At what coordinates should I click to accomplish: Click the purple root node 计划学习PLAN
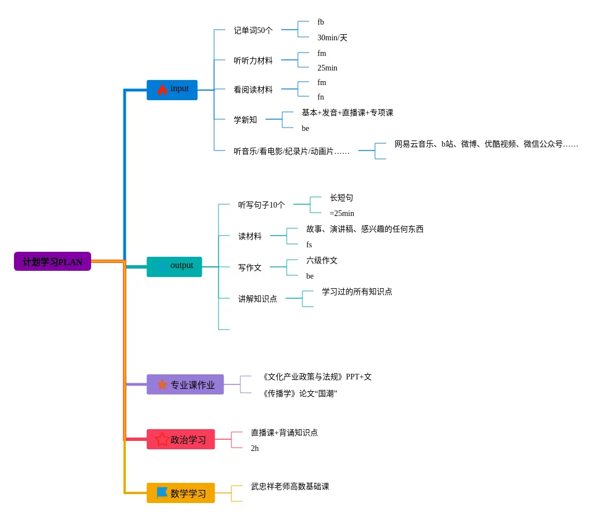53,261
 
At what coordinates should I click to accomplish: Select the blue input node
172,90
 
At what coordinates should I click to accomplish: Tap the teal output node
174,266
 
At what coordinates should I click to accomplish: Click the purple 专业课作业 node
185,384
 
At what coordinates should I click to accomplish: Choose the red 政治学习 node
181,439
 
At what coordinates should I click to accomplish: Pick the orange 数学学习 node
181,493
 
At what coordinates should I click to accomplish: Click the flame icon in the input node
162,90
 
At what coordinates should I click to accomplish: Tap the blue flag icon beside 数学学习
162,492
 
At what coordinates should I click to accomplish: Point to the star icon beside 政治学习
162,439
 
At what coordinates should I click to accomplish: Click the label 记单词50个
253,30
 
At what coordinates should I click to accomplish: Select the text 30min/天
332,37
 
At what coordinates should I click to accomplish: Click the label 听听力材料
253,60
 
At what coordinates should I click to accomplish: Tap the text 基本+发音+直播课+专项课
347,112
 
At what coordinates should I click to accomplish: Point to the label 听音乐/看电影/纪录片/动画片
291,151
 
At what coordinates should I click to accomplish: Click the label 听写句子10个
262,205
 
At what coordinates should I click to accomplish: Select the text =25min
341,213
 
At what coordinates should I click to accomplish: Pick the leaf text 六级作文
322,260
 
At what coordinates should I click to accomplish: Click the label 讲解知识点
258,299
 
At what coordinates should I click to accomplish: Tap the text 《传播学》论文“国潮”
298,393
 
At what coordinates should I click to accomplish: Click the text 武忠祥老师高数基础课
290,486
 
